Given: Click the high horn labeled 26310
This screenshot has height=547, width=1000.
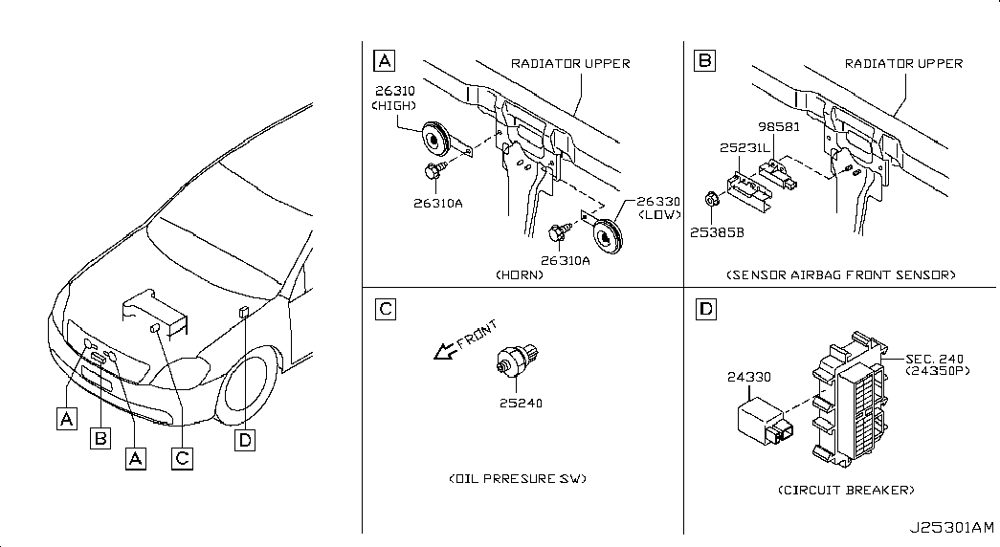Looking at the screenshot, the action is tap(436, 139).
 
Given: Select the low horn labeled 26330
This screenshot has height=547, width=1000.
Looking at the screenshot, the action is tap(607, 236).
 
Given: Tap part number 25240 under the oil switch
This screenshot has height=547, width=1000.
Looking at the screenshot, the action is tap(521, 403).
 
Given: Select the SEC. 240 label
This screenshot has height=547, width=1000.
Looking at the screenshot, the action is tap(934, 359).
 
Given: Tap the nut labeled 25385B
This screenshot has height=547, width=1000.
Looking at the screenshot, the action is tap(711, 200).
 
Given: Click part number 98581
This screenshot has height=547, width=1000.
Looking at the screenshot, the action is tap(779, 127).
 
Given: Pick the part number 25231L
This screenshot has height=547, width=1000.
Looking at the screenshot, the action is tap(744, 148).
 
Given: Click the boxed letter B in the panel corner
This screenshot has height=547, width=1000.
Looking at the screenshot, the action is tap(704, 60).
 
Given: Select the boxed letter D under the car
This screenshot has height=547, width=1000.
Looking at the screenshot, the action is tap(245, 440).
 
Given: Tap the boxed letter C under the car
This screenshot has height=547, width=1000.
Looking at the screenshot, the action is tap(183, 458).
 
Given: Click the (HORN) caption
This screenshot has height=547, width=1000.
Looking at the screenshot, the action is tap(520, 275).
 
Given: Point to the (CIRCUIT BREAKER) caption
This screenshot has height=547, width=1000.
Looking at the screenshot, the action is tap(846, 491).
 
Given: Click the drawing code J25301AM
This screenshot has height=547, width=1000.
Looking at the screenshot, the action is tap(951, 529).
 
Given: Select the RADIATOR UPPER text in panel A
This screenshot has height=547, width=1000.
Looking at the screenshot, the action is tap(570, 64).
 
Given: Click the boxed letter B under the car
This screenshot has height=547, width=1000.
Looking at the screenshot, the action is tap(100, 439).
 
